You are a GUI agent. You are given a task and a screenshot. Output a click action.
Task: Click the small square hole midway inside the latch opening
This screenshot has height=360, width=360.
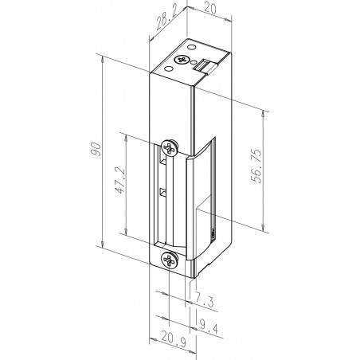point(162,192)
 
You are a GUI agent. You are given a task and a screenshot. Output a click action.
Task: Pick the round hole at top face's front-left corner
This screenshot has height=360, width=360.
point(170,68)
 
